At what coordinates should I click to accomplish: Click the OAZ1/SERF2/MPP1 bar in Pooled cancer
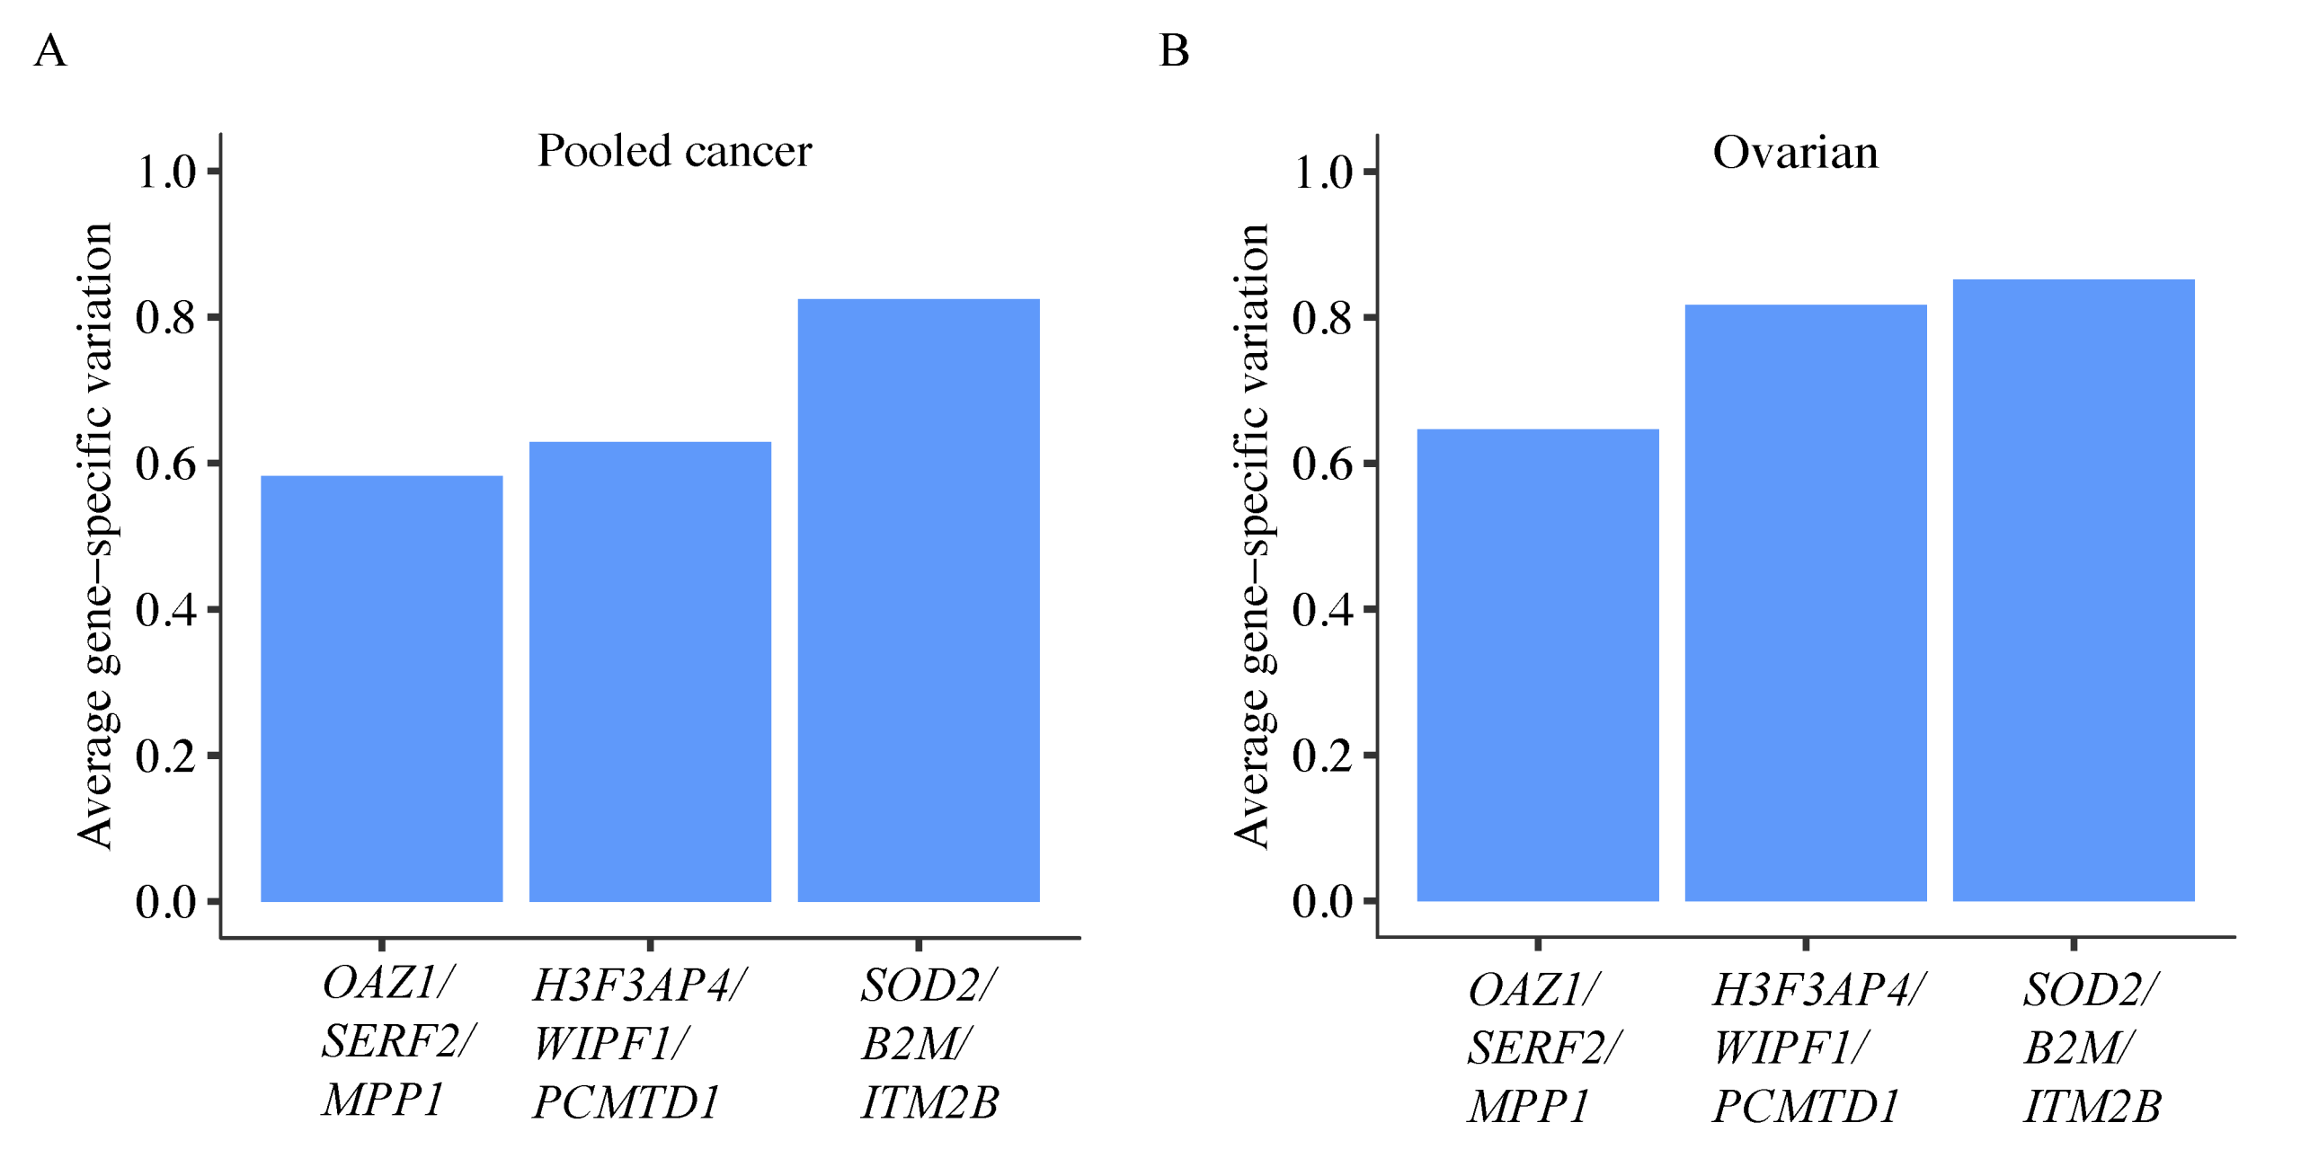click(381, 688)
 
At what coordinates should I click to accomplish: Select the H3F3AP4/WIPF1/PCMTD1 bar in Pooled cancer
click(650, 671)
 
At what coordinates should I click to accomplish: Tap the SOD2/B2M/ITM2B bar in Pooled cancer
click(918, 600)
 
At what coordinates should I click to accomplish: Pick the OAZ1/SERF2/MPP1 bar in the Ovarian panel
click(1537, 665)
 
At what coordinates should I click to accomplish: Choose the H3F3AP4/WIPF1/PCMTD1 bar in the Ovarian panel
click(1805, 603)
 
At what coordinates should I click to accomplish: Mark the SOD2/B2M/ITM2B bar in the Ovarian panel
click(2073, 590)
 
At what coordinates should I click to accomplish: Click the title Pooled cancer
click(674, 151)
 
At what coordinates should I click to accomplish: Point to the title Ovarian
click(1795, 152)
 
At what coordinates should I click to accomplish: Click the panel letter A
click(50, 50)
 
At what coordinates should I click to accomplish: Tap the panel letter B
click(1174, 50)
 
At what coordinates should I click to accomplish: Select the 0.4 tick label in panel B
click(1321, 610)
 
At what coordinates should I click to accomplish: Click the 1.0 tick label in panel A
click(165, 172)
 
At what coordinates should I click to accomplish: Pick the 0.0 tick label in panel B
click(1321, 901)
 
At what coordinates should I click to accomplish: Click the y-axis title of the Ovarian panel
click(1251, 535)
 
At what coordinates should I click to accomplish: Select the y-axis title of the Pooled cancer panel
click(94, 535)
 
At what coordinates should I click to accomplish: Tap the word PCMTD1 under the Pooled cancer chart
click(626, 1102)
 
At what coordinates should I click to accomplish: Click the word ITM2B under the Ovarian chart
click(2092, 1106)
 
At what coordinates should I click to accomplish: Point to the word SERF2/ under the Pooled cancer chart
click(398, 1041)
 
